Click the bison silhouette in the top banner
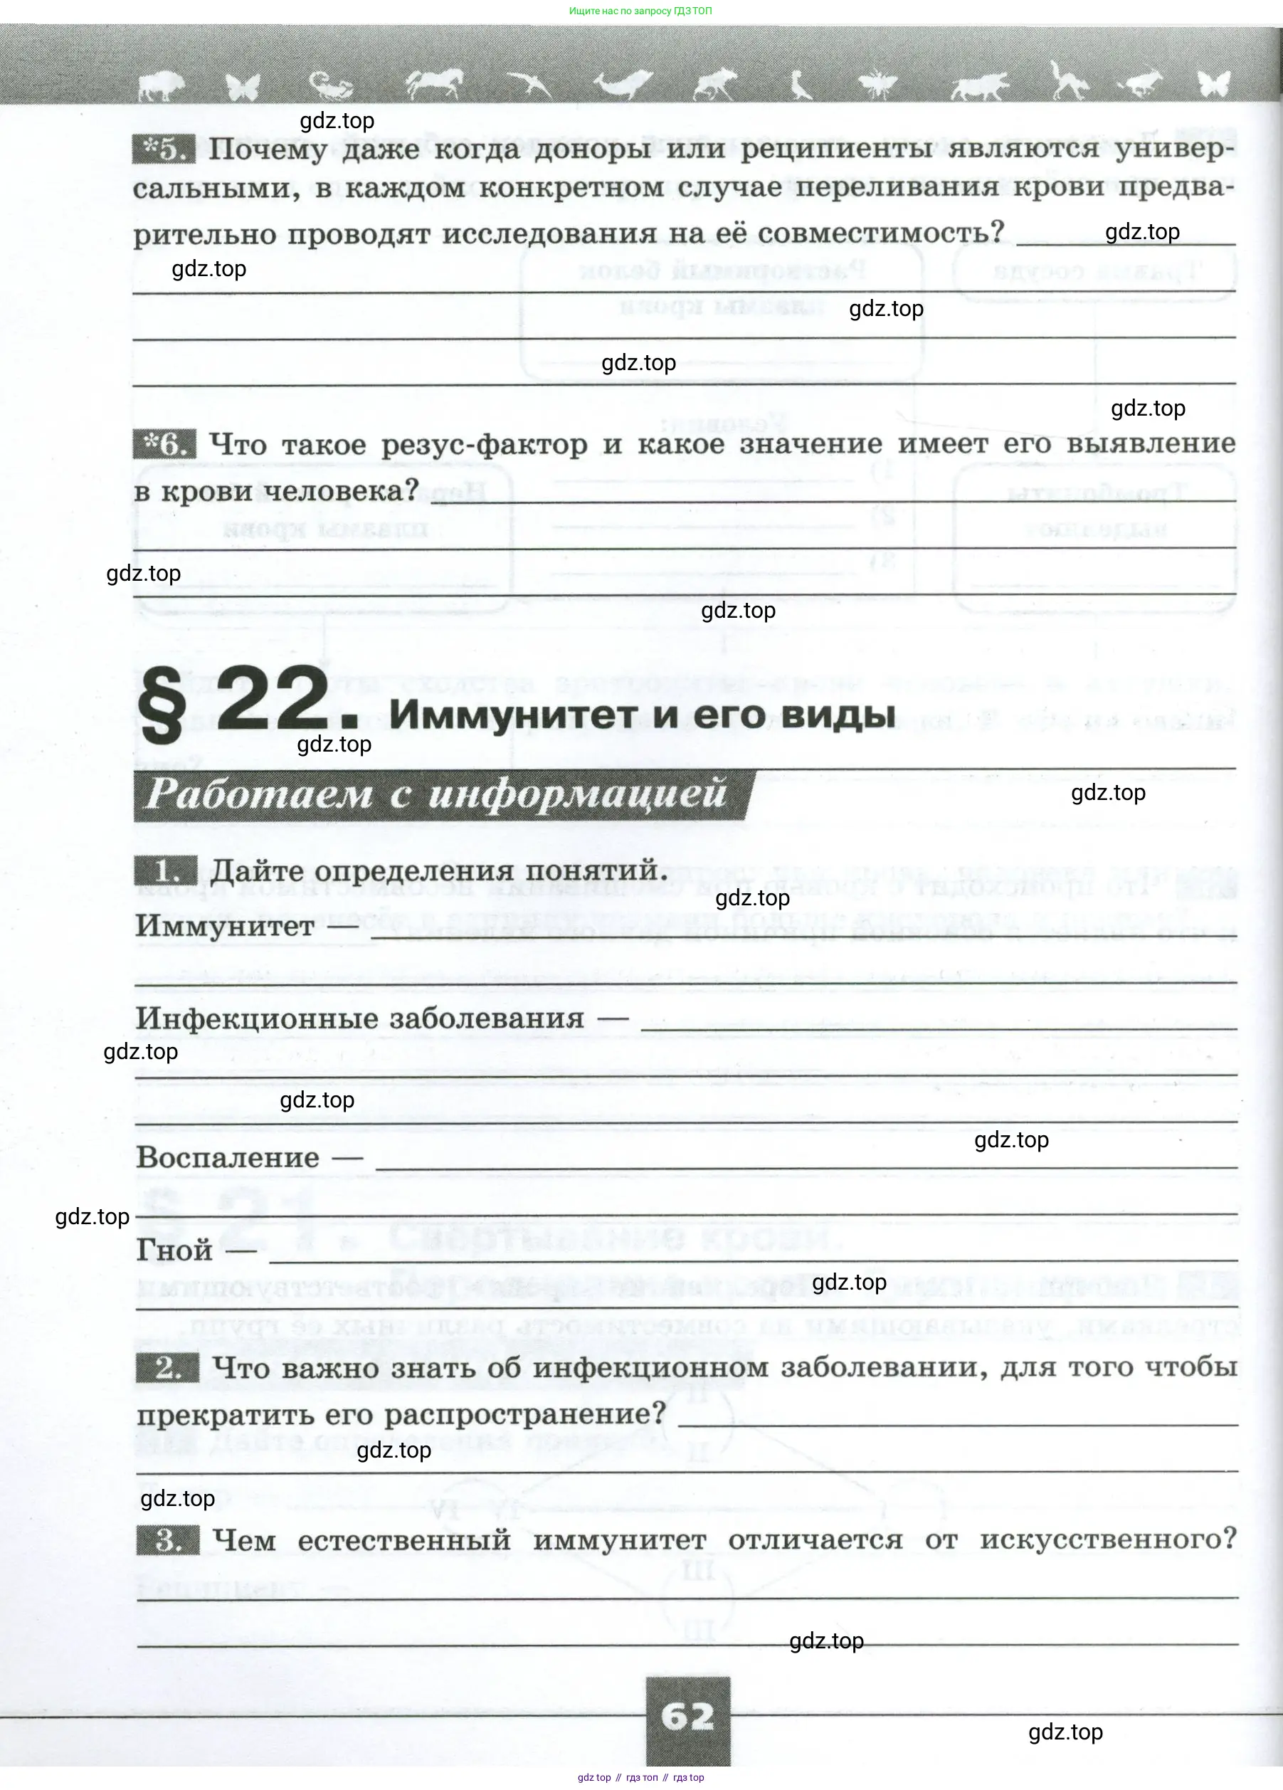point(162,85)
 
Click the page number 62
point(687,1716)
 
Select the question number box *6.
point(164,444)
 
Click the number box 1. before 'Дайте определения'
point(166,870)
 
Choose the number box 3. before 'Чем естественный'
point(168,1538)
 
